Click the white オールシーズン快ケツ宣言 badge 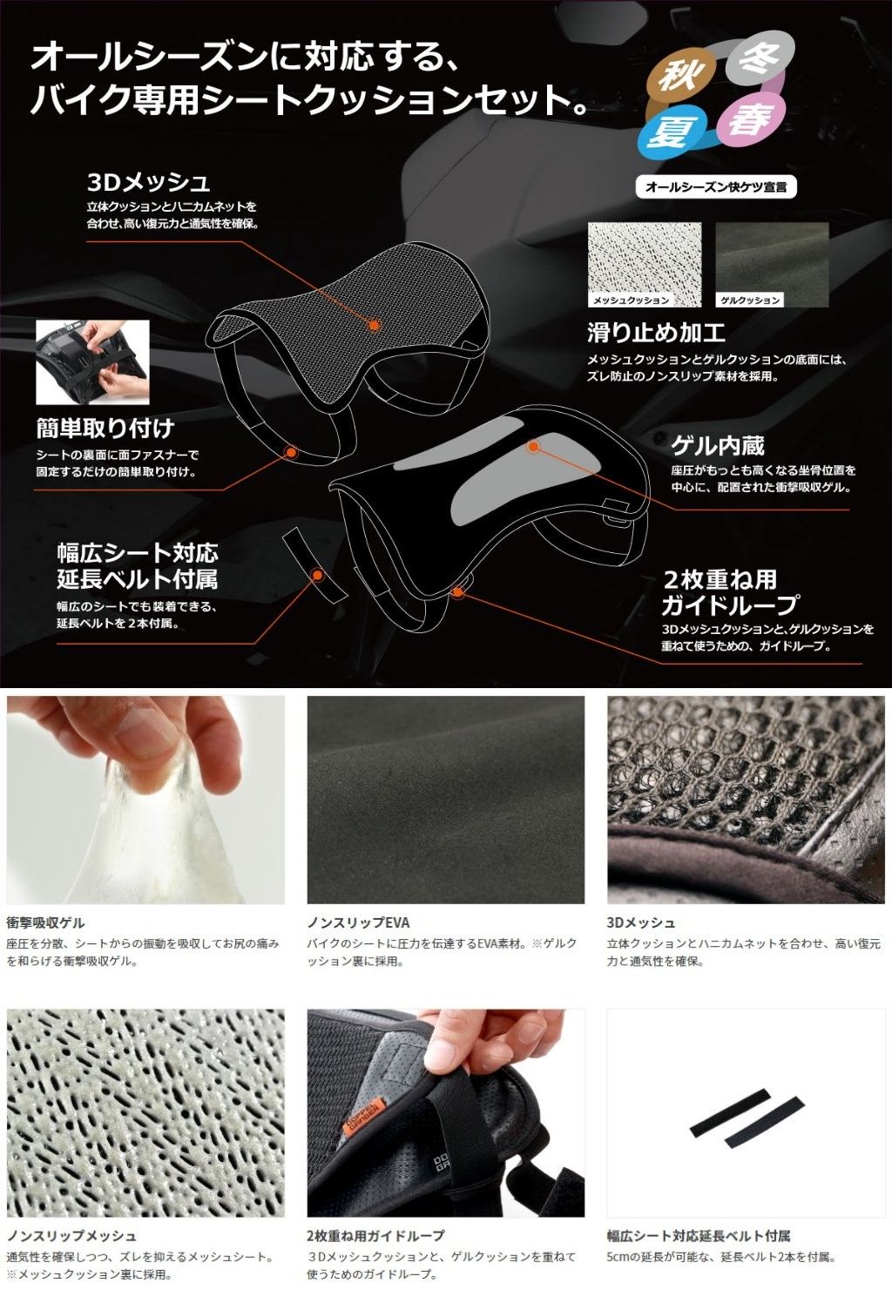pyautogui.click(x=716, y=187)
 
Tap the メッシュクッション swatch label pyautogui.click(x=632, y=300)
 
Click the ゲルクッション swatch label pyautogui.click(x=750, y=300)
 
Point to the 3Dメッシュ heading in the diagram pyautogui.click(x=148, y=183)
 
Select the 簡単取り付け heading pyautogui.click(x=105, y=428)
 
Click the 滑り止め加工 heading pyautogui.click(x=656, y=333)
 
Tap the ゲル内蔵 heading pyautogui.click(x=718, y=446)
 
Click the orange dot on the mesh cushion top pyautogui.click(x=374, y=326)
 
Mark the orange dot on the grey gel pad pyautogui.click(x=534, y=446)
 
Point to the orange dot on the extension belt pyautogui.click(x=316, y=574)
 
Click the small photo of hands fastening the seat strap pyautogui.click(x=92, y=362)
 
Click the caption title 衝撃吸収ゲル pyautogui.click(x=45, y=922)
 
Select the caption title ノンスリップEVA pyautogui.click(x=358, y=922)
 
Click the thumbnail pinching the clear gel pyautogui.click(x=145, y=800)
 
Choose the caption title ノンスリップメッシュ pyautogui.click(x=71, y=1235)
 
